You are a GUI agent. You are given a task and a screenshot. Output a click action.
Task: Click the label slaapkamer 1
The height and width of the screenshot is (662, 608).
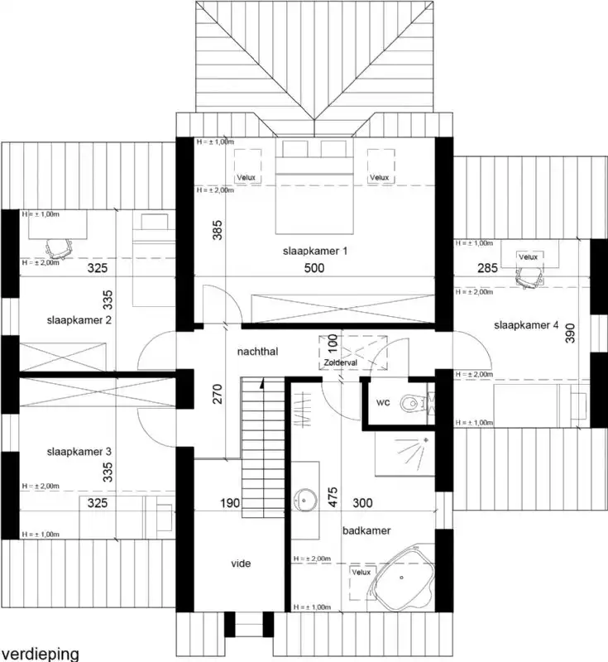313,250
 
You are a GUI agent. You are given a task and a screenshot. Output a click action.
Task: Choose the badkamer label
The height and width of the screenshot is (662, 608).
367,530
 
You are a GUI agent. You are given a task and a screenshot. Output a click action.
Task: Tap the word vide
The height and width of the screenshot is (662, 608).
241,564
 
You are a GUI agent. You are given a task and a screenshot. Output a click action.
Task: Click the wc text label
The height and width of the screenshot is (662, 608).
383,403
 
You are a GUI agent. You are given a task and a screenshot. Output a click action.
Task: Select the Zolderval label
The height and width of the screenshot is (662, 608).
339,363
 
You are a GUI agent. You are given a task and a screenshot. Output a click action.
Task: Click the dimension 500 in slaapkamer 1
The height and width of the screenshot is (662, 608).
314,268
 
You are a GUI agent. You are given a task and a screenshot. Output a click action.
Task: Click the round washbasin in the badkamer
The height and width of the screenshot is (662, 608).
305,501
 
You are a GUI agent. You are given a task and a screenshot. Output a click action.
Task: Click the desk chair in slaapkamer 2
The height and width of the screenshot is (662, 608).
55,245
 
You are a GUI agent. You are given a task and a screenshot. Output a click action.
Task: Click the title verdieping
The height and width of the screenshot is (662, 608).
40,653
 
